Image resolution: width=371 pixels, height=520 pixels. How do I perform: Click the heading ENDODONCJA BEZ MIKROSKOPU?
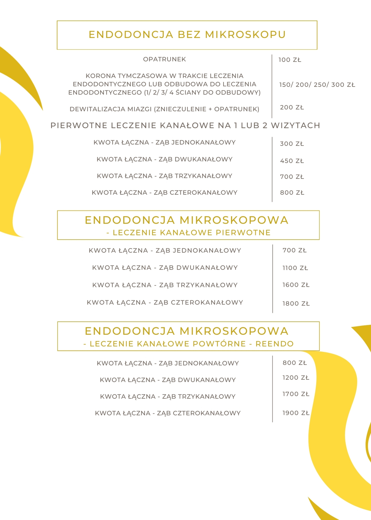[x=187, y=35]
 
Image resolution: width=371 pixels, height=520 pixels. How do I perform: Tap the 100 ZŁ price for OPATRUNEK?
[x=290, y=60]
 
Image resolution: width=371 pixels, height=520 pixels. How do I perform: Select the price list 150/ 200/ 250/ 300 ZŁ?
[x=317, y=85]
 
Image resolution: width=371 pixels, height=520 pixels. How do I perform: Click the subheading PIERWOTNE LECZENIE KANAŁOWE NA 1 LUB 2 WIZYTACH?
[x=185, y=126]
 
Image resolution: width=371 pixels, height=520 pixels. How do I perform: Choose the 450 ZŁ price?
[x=292, y=161]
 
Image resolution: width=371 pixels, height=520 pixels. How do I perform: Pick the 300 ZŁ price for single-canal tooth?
[x=292, y=144]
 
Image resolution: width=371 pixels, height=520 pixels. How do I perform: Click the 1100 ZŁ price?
[x=295, y=268]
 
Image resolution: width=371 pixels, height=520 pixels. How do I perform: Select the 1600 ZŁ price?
[x=296, y=285]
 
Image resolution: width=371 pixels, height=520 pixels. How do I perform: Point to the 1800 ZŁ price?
[x=296, y=304]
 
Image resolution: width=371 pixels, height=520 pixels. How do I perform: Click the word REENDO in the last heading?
[x=274, y=344]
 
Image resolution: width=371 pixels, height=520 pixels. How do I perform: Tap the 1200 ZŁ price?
[x=296, y=378]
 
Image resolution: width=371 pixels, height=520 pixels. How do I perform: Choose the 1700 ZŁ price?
[x=296, y=394]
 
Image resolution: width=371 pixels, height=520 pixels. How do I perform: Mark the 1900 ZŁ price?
[x=296, y=413]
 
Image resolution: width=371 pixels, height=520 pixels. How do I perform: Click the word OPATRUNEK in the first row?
[x=164, y=59]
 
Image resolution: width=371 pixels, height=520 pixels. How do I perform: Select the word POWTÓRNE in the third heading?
[x=219, y=344]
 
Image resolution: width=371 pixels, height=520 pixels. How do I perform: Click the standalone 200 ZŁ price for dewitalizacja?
[x=292, y=107]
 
